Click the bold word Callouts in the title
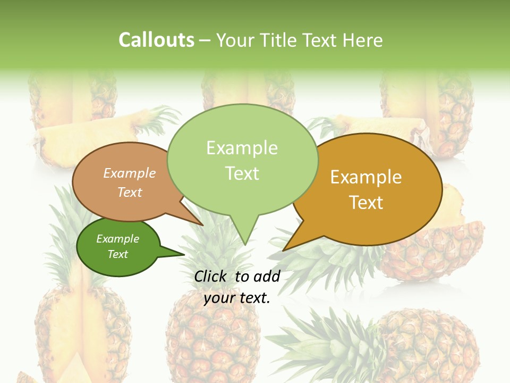point(156,40)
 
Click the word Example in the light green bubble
point(242,148)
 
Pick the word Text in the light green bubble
point(242,173)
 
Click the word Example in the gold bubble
point(365,177)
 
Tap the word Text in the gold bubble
point(365,202)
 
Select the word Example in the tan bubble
point(130,173)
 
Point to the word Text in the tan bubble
point(130,192)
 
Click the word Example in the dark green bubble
point(117,239)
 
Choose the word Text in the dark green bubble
point(117,254)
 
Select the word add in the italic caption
point(267,276)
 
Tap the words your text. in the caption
point(236,298)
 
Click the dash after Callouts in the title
point(205,40)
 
